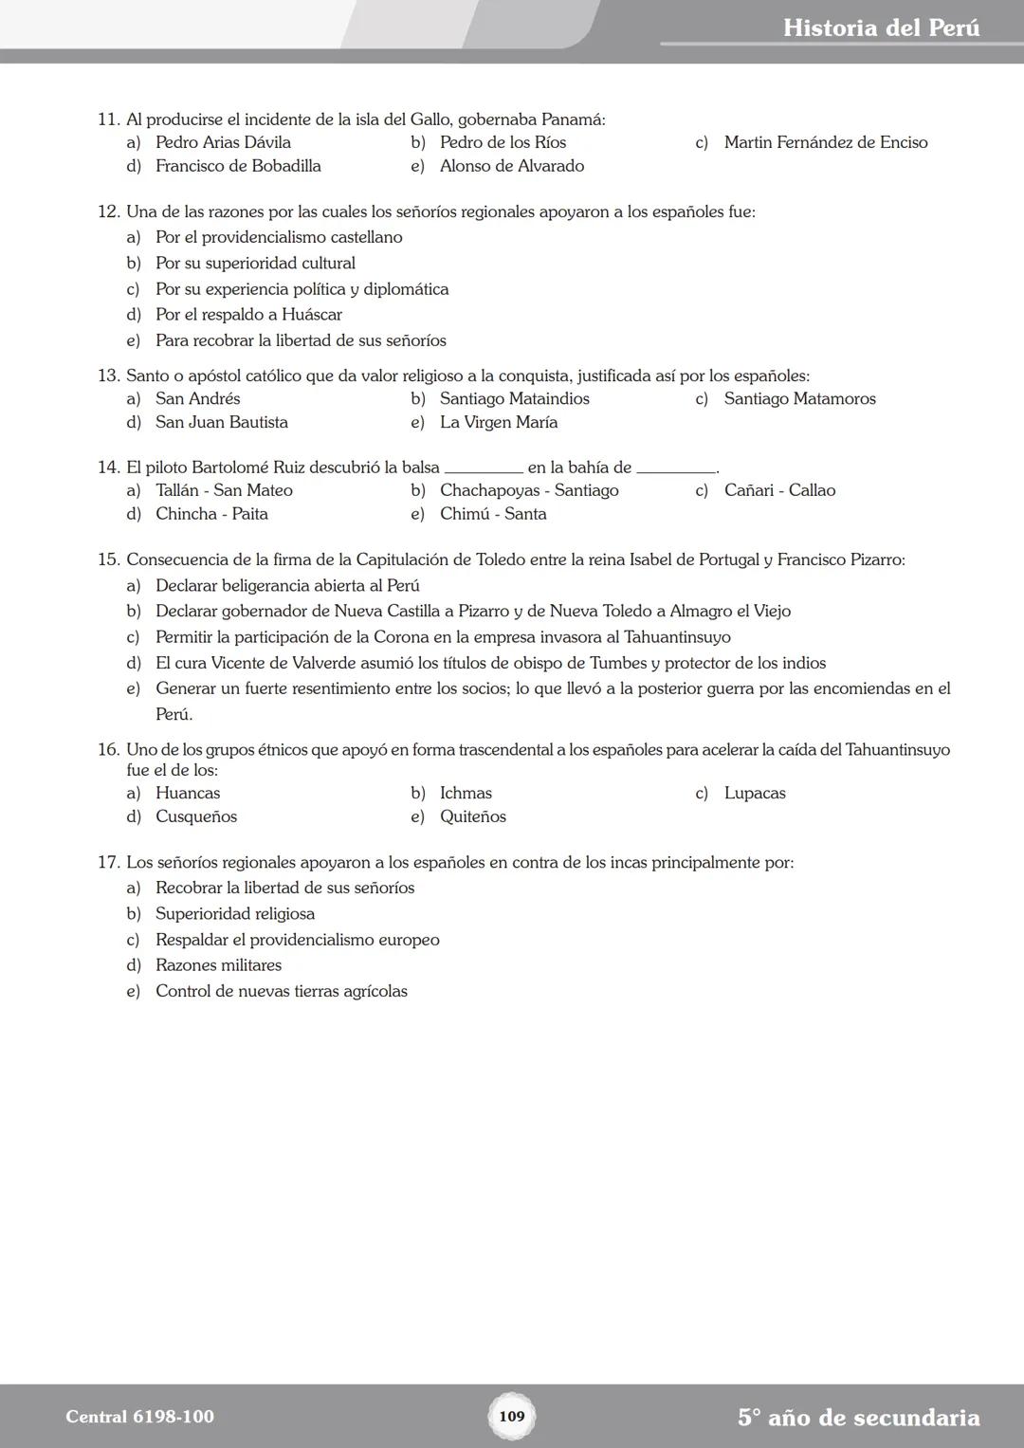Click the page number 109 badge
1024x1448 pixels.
(511, 1416)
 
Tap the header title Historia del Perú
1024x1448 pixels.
(881, 27)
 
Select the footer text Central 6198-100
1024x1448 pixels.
(139, 1417)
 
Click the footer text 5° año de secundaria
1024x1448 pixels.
(858, 1418)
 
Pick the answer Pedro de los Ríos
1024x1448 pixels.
(503, 142)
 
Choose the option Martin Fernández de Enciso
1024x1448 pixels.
(825, 142)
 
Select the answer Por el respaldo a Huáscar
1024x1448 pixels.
(248, 315)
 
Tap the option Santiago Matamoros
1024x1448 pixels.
(799, 399)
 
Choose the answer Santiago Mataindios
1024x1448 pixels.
(514, 399)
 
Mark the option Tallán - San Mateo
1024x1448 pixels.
(224, 490)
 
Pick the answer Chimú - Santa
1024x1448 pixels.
(493, 514)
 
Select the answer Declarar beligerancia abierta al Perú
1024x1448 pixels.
(287, 586)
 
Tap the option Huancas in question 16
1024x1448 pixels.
(188, 794)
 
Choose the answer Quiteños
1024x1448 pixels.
(472, 817)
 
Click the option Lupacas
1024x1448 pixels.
(755, 794)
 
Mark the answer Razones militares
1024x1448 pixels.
(218, 965)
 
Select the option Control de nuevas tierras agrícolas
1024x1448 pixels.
(281, 992)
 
